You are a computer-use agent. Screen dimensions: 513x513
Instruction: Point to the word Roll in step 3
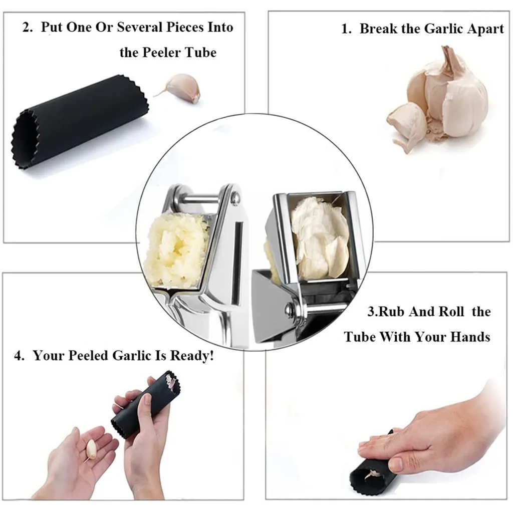click(x=451, y=312)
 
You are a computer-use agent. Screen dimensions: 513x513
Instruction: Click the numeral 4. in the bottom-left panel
click(x=20, y=356)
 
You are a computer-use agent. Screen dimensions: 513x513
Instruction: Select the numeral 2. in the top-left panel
click(x=28, y=28)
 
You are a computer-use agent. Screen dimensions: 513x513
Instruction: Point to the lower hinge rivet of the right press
click(x=290, y=309)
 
